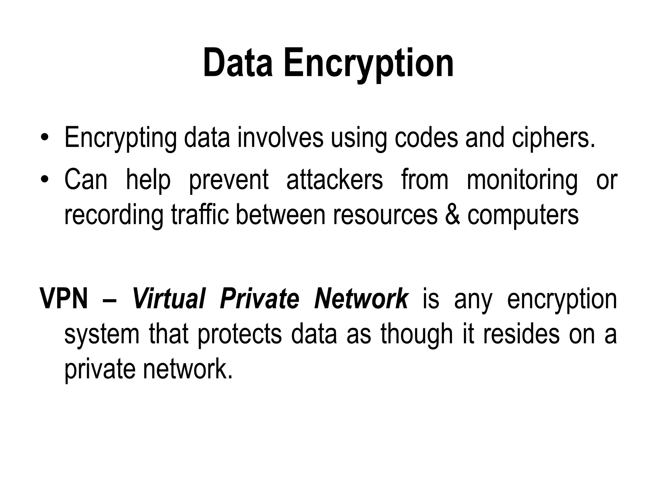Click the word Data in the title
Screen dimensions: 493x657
click(238, 63)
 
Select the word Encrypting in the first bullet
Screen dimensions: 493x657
click(120, 138)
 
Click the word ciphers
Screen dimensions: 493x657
click(553, 138)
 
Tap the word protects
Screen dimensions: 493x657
click(239, 334)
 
